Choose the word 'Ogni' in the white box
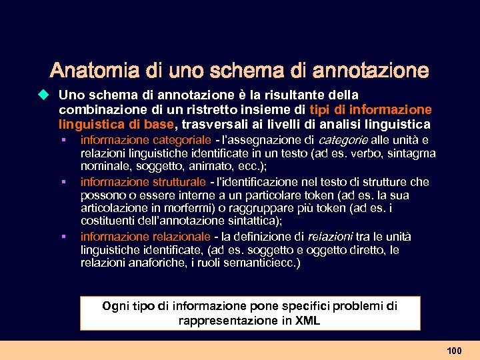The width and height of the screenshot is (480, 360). [x=115, y=306]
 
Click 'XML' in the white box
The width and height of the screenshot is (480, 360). [x=307, y=320]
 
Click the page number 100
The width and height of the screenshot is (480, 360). [x=454, y=350]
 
